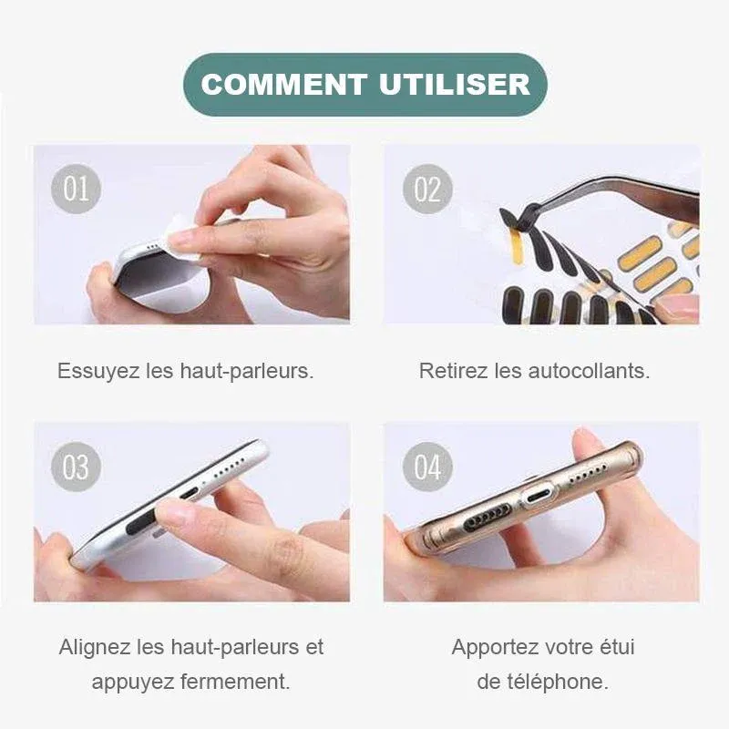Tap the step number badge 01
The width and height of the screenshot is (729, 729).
click(76, 189)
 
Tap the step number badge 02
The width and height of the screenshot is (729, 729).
click(426, 189)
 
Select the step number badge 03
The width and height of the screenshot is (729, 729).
click(76, 467)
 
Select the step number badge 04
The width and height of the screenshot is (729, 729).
click(426, 467)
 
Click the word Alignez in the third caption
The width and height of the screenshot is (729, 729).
click(95, 648)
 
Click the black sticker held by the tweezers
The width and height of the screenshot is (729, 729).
click(511, 219)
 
